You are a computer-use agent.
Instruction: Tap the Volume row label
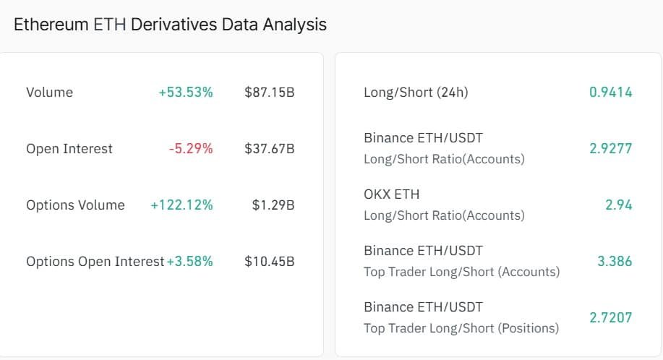49,92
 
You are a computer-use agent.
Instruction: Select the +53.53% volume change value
186,92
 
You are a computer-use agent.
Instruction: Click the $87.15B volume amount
270,92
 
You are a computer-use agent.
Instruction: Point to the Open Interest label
69,149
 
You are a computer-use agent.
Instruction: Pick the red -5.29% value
191,149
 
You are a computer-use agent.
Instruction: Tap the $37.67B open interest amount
270,149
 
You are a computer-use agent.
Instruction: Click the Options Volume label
76,205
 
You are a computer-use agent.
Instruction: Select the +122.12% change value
181,205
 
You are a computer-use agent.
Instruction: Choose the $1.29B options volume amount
273,205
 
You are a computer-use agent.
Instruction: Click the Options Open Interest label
95,262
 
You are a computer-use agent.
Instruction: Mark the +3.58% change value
190,262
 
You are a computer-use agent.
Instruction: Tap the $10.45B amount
270,262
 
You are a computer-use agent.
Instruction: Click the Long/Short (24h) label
416,92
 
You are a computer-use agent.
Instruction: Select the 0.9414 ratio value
611,92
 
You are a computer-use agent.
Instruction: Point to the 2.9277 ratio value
611,148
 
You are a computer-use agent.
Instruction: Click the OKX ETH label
392,194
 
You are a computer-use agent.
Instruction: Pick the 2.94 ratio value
619,205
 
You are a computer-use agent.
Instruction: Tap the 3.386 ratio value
615,261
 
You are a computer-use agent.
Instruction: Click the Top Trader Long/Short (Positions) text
461,328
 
